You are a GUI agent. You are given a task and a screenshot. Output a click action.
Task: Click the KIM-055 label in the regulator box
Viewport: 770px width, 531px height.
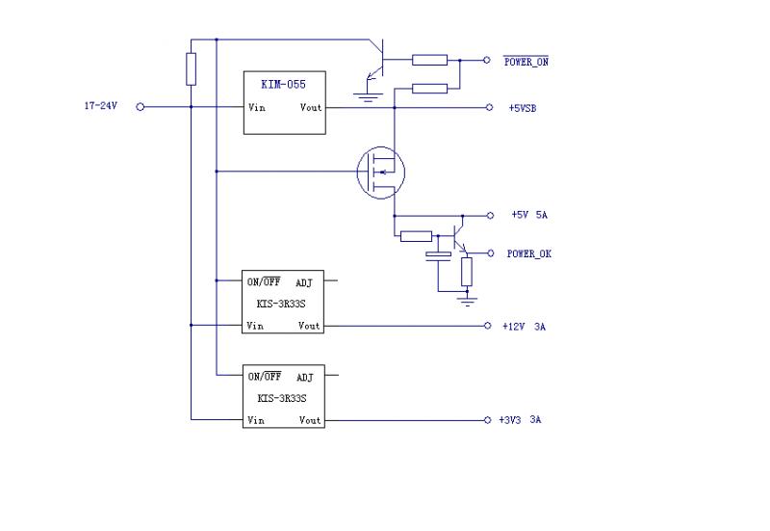click(x=283, y=84)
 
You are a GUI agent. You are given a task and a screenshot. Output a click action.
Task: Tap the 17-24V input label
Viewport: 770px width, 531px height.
click(x=100, y=107)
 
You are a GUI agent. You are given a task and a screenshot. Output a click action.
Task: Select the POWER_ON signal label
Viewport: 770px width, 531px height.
click(x=526, y=62)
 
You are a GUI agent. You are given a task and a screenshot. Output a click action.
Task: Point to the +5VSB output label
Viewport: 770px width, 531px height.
click(x=523, y=108)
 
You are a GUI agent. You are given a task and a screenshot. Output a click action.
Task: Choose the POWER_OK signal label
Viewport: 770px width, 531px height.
click(x=528, y=253)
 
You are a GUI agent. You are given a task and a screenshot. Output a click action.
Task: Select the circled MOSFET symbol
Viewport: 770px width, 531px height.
click(x=380, y=173)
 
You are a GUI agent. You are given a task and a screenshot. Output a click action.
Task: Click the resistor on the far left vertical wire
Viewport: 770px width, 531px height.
click(x=192, y=69)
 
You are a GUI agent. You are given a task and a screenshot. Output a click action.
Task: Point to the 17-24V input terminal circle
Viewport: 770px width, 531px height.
click(x=140, y=107)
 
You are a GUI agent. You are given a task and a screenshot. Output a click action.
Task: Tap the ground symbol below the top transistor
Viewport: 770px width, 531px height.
click(x=366, y=93)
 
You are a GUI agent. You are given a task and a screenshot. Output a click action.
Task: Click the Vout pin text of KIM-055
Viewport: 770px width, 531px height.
click(x=311, y=108)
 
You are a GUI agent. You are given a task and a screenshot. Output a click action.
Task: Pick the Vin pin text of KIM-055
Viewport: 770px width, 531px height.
click(x=257, y=108)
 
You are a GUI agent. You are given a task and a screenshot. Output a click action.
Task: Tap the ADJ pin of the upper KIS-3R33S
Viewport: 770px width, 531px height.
click(x=304, y=283)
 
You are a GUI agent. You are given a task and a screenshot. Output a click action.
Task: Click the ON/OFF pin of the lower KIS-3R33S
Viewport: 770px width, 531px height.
click(x=265, y=377)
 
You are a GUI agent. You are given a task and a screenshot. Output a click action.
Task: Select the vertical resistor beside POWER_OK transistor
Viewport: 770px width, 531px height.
click(x=467, y=271)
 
